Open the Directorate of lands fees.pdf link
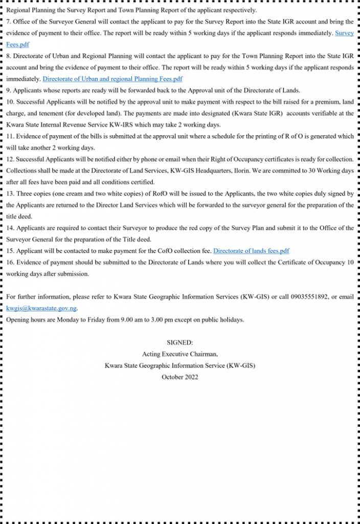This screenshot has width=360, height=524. (x=251, y=251)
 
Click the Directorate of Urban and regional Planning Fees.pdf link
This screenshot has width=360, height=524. (x=112, y=79)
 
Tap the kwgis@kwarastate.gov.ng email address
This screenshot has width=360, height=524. (x=41, y=308)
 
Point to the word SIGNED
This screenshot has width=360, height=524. (x=180, y=343)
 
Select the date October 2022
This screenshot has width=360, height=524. (x=180, y=377)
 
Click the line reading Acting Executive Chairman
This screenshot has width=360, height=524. (x=180, y=354)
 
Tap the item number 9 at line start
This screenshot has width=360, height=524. (x=9, y=90)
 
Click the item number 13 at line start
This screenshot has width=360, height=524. (x=11, y=193)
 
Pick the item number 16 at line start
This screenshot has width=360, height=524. (x=11, y=262)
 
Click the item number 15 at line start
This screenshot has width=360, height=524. (x=11, y=251)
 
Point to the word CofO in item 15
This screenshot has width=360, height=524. (x=154, y=251)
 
